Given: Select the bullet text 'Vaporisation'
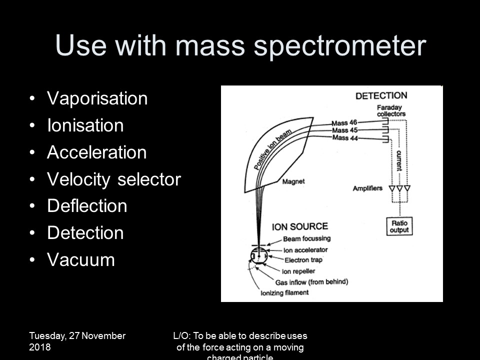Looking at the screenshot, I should click(x=97, y=98).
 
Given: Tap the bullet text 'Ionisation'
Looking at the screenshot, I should click(x=85, y=125).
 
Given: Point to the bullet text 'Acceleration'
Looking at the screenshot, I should click(x=96, y=152).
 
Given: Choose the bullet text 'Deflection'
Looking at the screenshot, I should click(x=87, y=206).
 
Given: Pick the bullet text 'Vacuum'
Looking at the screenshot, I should click(x=80, y=260).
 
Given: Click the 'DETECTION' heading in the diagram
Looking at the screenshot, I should click(x=381, y=95).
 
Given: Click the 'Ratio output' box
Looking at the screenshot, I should click(x=399, y=226).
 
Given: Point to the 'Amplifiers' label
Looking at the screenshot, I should click(x=367, y=188).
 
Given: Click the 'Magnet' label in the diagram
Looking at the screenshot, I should click(x=293, y=181).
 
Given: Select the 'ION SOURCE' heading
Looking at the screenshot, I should click(x=300, y=226).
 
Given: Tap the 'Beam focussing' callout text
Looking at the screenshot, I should click(x=306, y=239).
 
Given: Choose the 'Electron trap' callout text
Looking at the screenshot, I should click(x=303, y=260).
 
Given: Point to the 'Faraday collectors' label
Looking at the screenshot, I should click(x=391, y=110).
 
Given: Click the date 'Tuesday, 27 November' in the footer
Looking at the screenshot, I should click(x=77, y=336).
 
